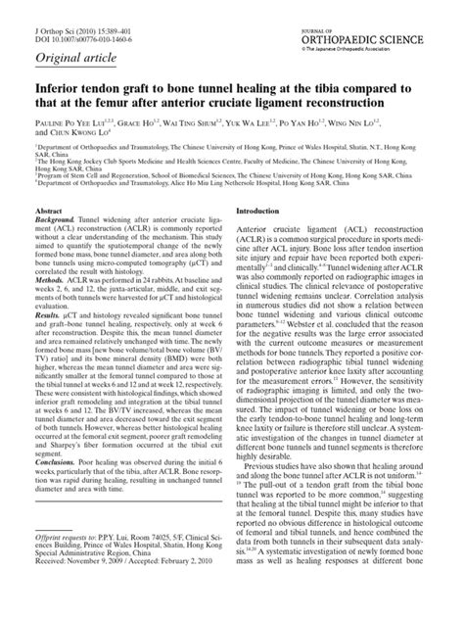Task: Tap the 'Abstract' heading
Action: (x=50, y=239)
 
